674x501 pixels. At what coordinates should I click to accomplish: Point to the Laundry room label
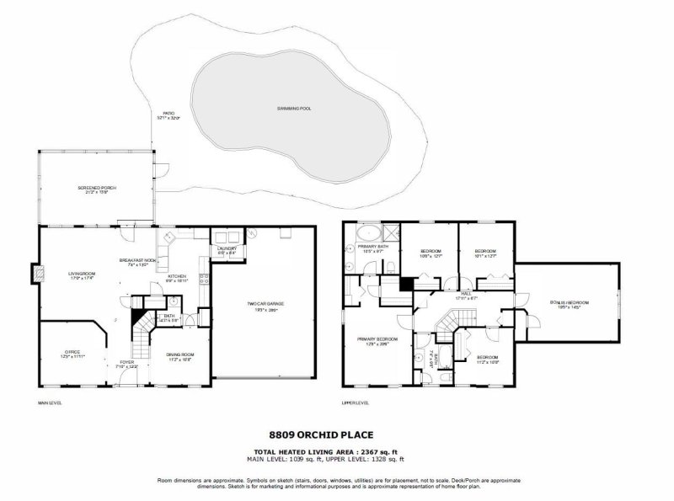tap(227, 250)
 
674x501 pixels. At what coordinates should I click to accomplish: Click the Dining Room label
tap(180, 356)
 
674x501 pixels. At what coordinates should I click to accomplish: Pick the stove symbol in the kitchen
tap(203, 277)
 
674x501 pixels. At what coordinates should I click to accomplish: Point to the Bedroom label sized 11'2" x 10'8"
tap(488, 359)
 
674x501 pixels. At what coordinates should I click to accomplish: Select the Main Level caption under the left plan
tap(51, 402)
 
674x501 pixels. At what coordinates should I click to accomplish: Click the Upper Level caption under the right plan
tap(356, 402)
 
